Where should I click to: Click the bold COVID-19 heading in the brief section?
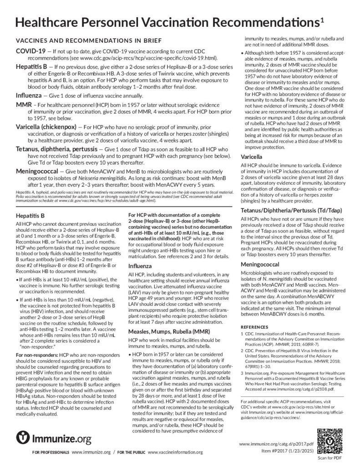(x=30, y=50)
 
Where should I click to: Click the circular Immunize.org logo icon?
(x=23, y=438)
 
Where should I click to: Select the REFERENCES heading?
(x=256, y=327)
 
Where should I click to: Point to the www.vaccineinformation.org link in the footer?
(x=175, y=452)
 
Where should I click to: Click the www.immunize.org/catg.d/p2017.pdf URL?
(x=276, y=443)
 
